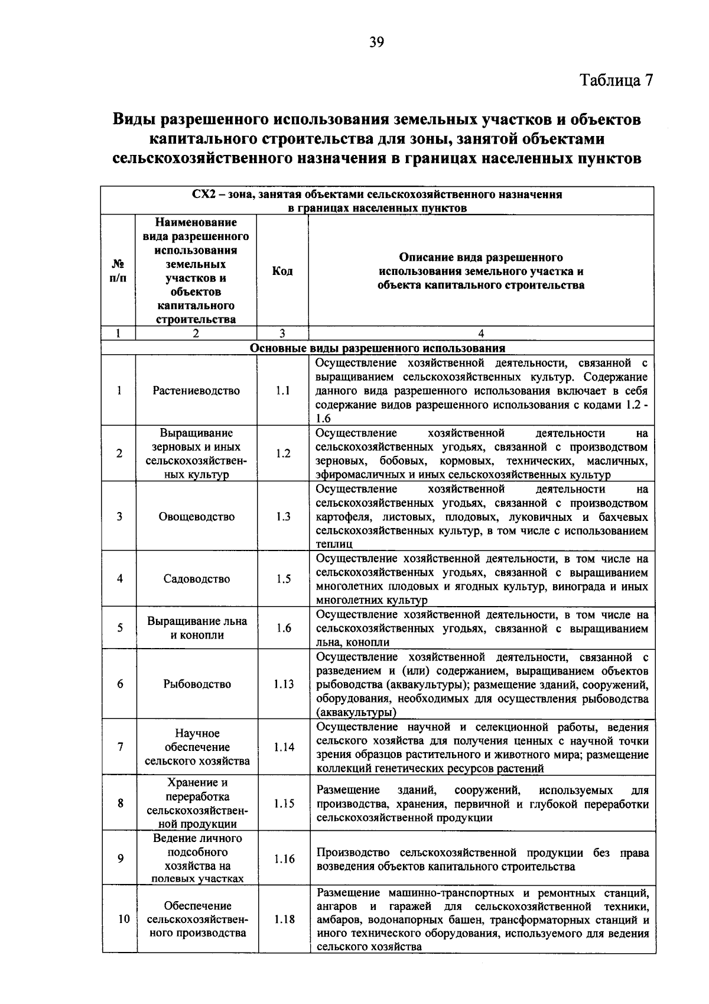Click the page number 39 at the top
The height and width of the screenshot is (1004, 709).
tap(377, 41)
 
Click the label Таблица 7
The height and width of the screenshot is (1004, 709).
tap(616, 80)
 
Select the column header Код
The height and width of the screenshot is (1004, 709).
tap(282, 271)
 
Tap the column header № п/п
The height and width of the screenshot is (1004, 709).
tap(119, 271)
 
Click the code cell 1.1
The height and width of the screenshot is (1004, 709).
tap(282, 390)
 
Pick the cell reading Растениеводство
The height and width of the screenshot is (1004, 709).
tap(196, 390)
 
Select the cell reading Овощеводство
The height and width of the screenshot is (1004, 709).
tap(196, 516)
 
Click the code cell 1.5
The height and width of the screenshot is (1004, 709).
tap(283, 579)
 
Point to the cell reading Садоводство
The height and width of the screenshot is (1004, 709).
tap(196, 579)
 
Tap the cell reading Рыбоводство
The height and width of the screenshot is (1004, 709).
tap(197, 684)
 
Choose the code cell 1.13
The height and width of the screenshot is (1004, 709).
tap(284, 684)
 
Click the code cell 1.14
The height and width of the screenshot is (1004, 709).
tap(284, 747)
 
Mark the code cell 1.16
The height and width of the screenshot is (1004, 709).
tap(284, 859)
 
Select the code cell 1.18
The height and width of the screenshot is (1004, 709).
tap(284, 919)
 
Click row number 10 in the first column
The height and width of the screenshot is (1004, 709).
tap(123, 919)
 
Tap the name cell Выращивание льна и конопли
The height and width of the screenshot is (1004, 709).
tap(197, 628)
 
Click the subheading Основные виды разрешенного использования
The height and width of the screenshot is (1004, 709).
tap(377, 348)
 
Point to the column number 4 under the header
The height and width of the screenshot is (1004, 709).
tap(481, 333)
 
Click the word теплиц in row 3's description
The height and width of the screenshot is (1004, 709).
tap(334, 545)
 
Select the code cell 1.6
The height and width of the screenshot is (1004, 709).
tap(283, 628)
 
